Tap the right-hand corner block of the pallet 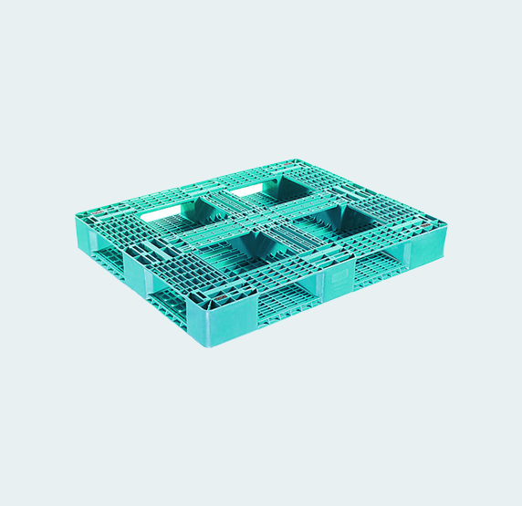[430, 245]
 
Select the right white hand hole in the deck [248, 191]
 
